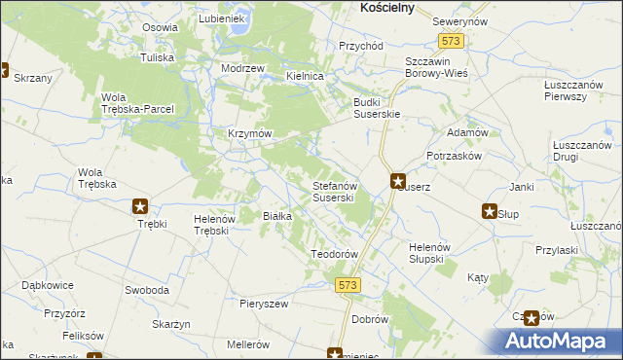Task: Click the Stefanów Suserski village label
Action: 339,191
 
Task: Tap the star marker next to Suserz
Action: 398,180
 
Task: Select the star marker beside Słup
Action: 490,211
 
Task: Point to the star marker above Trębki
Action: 141,206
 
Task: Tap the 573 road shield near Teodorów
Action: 349,284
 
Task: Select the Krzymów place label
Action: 248,133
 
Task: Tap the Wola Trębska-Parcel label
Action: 137,102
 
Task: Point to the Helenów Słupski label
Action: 426,252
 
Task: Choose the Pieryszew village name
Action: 265,304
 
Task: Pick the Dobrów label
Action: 371,319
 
